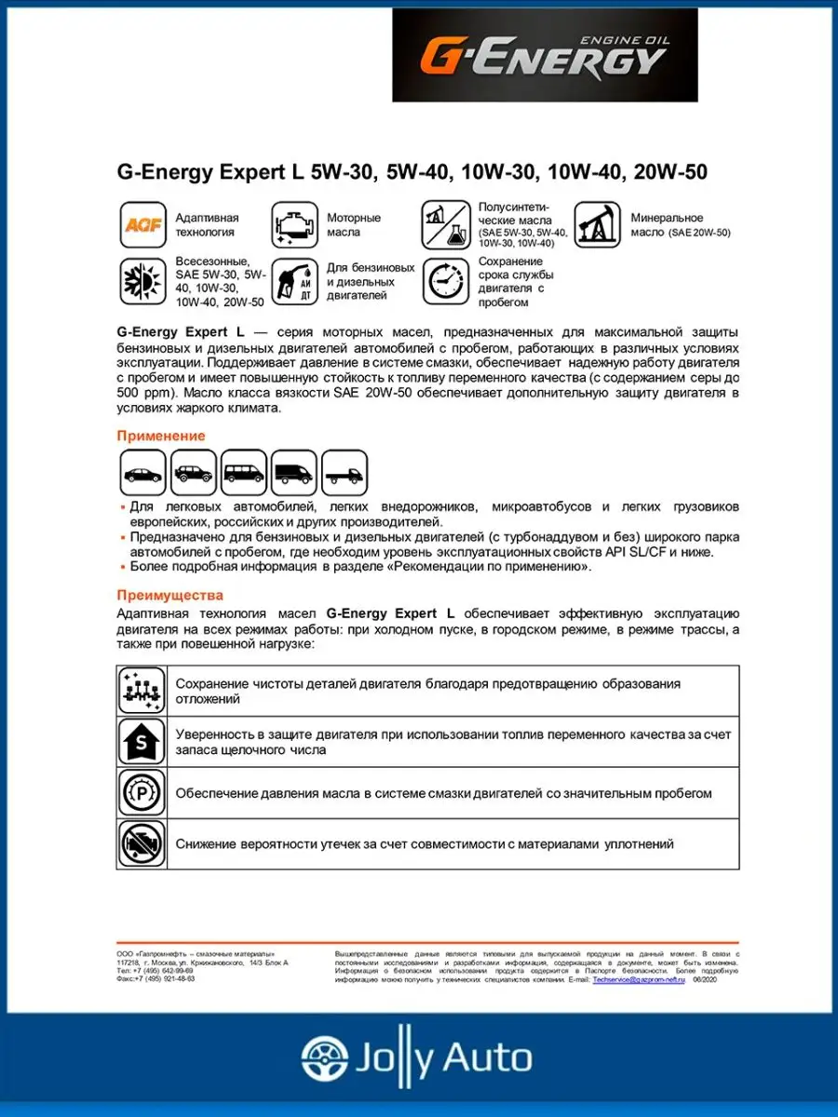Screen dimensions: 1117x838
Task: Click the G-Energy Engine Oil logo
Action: tap(544, 56)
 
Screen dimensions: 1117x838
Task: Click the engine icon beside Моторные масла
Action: tap(293, 224)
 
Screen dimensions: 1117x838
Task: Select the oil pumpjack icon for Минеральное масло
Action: tap(597, 224)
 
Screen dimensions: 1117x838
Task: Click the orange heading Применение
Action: tap(161, 436)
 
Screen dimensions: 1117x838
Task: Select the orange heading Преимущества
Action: tap(170, 595)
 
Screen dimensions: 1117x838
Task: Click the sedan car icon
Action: tap(143, 473)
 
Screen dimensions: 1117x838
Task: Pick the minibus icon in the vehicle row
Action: tap(244, 473)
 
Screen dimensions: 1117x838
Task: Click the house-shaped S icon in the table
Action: tap(142, 742)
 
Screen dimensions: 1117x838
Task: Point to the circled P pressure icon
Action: tap(142, 793)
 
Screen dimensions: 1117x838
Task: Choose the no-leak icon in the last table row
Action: tap(142, 843)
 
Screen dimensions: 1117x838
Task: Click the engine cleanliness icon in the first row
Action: tap(142, 691)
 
